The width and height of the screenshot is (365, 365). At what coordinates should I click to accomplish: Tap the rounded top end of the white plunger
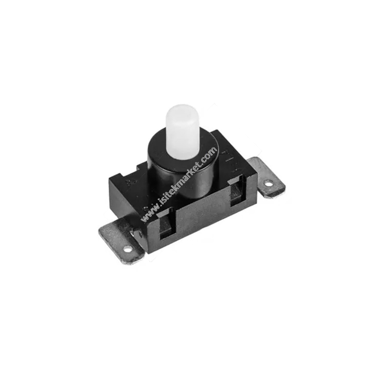(x=181, y=109)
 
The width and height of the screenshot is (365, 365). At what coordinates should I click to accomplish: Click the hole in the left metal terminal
(x=127, y=249)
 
